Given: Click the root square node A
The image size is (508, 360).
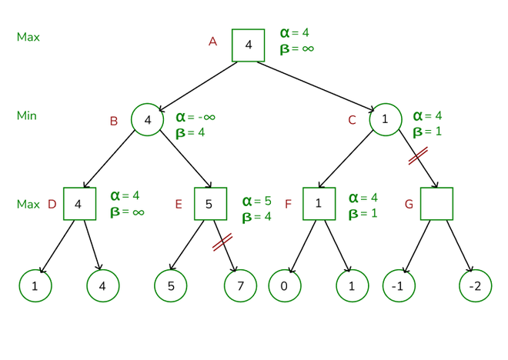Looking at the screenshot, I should pyautogui.click(x=249, y=45).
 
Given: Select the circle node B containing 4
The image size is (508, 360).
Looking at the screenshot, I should pyautogui.click(x=148, y=120).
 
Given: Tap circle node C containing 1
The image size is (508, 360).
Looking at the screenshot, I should pyautogui.click(x=385, y=120).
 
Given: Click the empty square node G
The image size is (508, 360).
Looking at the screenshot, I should pyautogui.click(x=437, y=204).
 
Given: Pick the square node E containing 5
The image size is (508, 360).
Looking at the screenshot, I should pyautogui.click(x=210, y=204).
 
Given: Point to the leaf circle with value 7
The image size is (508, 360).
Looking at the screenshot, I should pyautogui.click(x=240, y=286).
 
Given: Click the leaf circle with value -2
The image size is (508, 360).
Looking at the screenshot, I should pyautogui.click(x=475, y=286).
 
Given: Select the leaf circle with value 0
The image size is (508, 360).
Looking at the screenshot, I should pyautogui.click(x=284, y=286).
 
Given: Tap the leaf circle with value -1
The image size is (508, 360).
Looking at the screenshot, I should pyautogui.click(x=399, y=286).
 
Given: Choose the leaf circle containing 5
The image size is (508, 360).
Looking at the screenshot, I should pyautogui.click(x=170, y=286).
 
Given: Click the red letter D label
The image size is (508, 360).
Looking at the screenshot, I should pyautogui.click(x=52, y=205).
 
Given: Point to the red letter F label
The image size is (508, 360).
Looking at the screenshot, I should pyautogui.click(x=289, y=205).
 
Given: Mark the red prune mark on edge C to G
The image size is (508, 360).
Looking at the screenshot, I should pyautogui.click(x=418, y=156).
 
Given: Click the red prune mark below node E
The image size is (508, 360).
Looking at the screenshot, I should pyautogui.click(x=222, y=242).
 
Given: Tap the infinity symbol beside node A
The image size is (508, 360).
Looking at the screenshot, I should pyautogui.click(x=307, y=48).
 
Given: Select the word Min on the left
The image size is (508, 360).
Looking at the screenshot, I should pyautogui.click(x=27, y=115).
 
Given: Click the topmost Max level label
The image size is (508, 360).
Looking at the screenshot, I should pyautogui.click(x=28, y=37).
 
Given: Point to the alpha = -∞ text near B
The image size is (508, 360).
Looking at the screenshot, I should pyautogui.click(x=196, y=117).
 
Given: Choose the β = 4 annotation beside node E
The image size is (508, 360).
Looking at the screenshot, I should pyautogui.click(x=257, y=217).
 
